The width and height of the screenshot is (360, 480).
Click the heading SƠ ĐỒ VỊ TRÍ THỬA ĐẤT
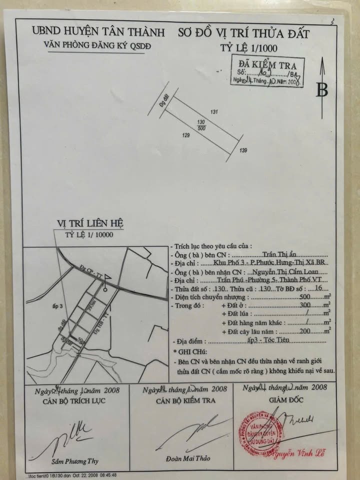click(x=243, y=33)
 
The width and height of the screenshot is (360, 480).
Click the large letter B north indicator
click(x=322, y=90)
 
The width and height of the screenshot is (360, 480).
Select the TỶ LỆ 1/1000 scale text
click(x=248, y=48)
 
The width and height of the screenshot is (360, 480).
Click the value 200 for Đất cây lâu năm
click(x=304, y=330)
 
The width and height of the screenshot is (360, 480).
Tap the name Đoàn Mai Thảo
click(x=189, y=458)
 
